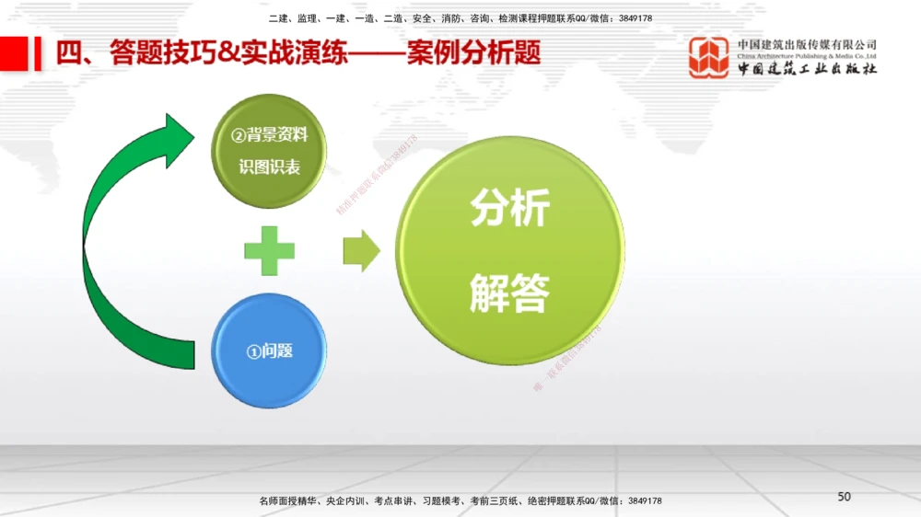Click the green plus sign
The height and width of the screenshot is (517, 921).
[270, 249]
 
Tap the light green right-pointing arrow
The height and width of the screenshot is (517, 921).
[362, 250]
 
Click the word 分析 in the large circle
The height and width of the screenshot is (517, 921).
[509, 209]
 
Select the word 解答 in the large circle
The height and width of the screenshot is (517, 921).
[509, 293]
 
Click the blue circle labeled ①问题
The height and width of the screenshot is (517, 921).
[269, 350]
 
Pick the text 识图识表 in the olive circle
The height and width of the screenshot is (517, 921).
[270, 168]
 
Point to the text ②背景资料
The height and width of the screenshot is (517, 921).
[270, 136]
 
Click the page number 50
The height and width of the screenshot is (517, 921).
[844, 497]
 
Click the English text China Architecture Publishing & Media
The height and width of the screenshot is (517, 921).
[807, 56]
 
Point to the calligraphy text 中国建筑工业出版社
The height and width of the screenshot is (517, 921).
[807, 70]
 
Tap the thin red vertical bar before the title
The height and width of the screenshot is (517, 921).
[38, 53]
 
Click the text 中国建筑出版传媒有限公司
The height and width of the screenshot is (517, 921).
[807, 44]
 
